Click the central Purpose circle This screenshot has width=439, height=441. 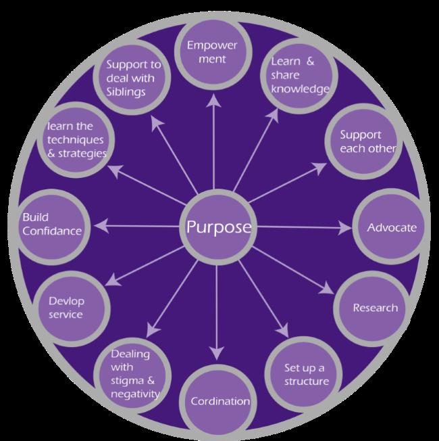[x=218, y=227]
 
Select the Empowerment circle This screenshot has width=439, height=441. [x=213, y=51]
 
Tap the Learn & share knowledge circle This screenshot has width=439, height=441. [x=299, y=76]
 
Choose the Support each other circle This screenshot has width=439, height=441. [x=363, y=141]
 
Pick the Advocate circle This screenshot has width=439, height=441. [x=391, y=227]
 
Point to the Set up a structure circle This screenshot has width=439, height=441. [x=304, y=375]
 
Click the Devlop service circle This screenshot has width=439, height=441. [x=72, y=308]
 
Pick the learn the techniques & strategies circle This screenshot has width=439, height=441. [x=76, y=140]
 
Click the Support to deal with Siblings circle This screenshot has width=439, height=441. [x=132, y=77]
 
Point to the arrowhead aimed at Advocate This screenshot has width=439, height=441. [x=345, y=227]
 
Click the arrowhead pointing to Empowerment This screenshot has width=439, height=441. [x=213, y=101]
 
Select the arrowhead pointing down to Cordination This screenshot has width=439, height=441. [x=217, y=353]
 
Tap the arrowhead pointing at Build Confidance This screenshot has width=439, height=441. [x=101, y=226]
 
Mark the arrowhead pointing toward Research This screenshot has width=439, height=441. [x=327, y=289]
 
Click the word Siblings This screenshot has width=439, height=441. [x=126, y=92]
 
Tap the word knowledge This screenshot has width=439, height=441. [x=301, y=89]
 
